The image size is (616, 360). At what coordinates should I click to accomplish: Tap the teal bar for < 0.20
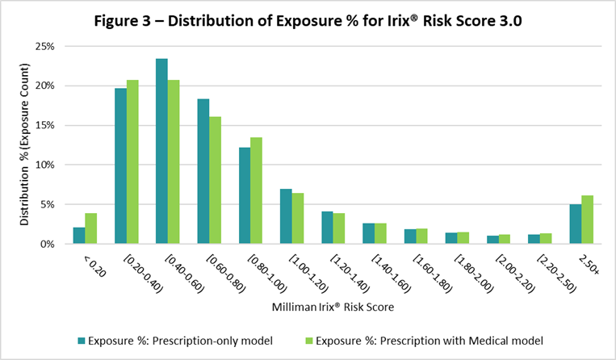[x=79, y=235]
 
